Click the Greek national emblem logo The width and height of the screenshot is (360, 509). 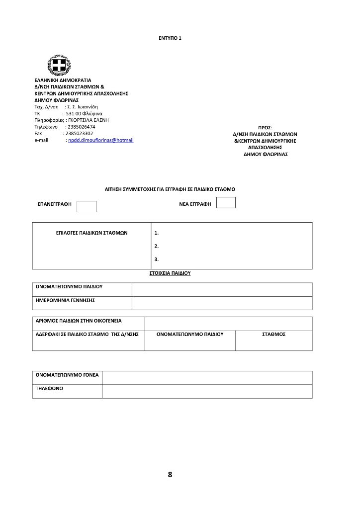(x=59, y=65)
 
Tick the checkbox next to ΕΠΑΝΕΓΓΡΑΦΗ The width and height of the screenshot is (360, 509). (x=87, y=206)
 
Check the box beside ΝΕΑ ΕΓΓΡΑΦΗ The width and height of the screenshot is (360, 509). (x=226, y=202)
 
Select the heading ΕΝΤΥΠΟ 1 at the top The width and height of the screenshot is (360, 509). (x=170, y=38)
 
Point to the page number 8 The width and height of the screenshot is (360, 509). (x=170, y=475)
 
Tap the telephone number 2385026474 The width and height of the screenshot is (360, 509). (x=81, y=127)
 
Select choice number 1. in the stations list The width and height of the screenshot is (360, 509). (x=157, y=233)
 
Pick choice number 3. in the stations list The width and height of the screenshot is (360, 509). (x=157, y=259)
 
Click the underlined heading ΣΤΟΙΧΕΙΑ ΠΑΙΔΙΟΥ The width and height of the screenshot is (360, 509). (x=170, y=273)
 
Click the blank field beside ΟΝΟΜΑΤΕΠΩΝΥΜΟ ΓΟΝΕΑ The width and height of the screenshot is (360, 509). (x=207, y=377)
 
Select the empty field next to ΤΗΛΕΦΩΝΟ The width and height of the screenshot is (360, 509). (x=207, y=391)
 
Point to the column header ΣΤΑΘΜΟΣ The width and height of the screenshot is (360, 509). (x=273, y=335)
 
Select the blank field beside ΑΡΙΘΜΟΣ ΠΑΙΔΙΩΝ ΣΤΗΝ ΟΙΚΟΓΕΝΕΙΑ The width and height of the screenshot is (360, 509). (x=228, y=323)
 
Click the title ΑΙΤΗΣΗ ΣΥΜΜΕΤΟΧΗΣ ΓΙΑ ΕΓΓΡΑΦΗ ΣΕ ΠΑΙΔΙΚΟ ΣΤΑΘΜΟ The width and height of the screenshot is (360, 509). (x=170, y=189)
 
